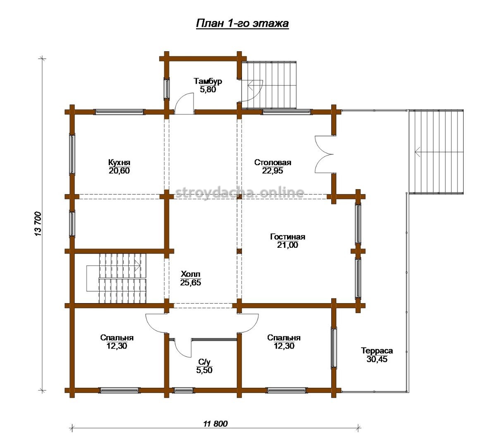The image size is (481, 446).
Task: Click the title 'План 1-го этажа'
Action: point(242,24)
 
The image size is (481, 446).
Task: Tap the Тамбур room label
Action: point(208,81)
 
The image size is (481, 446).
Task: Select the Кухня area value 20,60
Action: point(120,171)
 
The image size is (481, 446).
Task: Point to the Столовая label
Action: point(273,162)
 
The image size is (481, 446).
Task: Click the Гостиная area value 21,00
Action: point(288,245)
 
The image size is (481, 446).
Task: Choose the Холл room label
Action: point(191,274)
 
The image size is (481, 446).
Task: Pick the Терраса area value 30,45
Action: point(377,359)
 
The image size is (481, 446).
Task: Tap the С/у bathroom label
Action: point(204,362)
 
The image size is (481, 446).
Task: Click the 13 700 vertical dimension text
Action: point(38,223)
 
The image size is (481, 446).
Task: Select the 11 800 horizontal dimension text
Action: point(215,424)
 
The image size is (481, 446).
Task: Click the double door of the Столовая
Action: point(324,154)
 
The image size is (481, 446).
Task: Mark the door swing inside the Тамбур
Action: point(184,104)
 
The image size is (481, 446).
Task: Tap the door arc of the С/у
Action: point(183,348)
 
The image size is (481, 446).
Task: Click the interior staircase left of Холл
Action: point(117,278)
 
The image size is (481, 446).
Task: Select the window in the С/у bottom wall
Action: point(183,390)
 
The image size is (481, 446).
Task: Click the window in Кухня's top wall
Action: point(120,112)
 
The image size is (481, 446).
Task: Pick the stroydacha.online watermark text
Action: point(240,193)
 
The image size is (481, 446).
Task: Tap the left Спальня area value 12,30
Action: point(117,346)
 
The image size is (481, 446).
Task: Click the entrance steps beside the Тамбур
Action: point(269,85)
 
